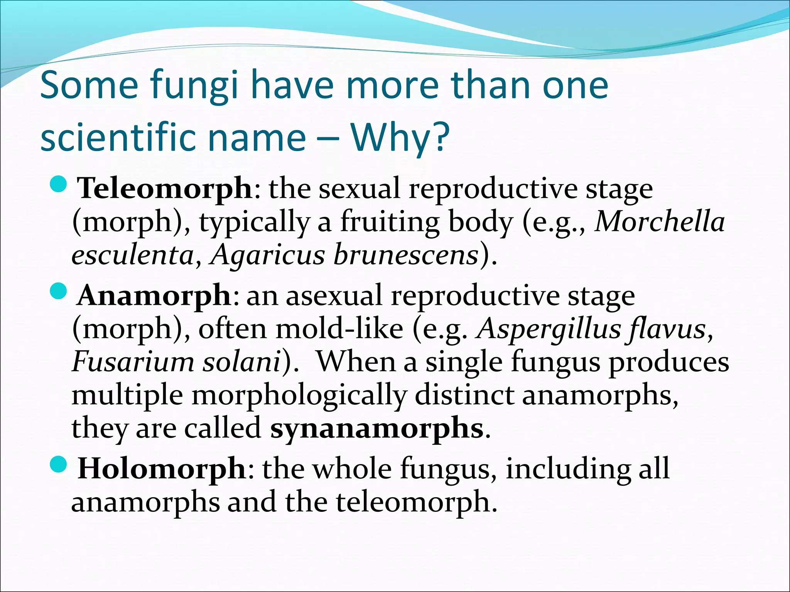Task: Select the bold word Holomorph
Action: [x=162, y=469]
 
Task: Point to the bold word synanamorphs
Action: [x=376, y=428]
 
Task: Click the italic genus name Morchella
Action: [x=660, y=222]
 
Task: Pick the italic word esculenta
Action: [x=133, y=256]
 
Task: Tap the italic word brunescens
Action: [x=406, y=256]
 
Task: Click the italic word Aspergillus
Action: [x=549, y=330]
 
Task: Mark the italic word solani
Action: [x=242, y=362]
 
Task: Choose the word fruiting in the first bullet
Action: [x=390, y=223]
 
